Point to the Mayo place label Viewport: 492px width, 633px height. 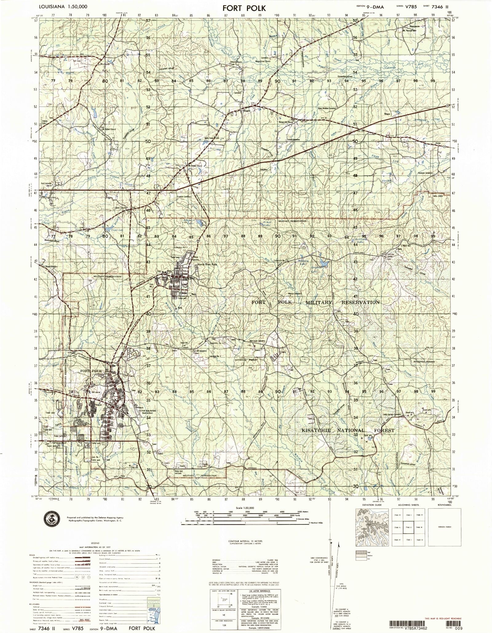pyautogui.click(x=387, y=114)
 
